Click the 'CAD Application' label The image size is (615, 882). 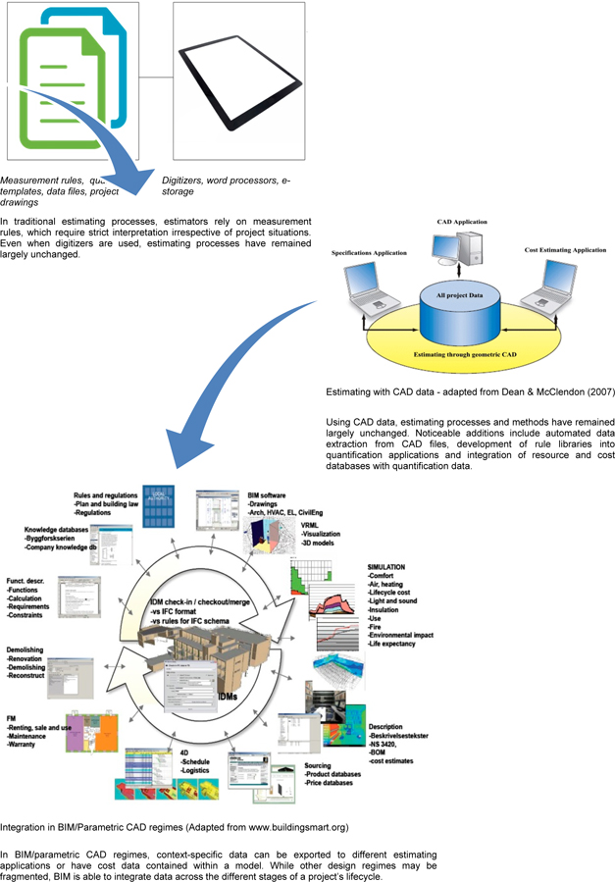[463, 223]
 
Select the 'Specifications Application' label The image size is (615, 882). [368, 253]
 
